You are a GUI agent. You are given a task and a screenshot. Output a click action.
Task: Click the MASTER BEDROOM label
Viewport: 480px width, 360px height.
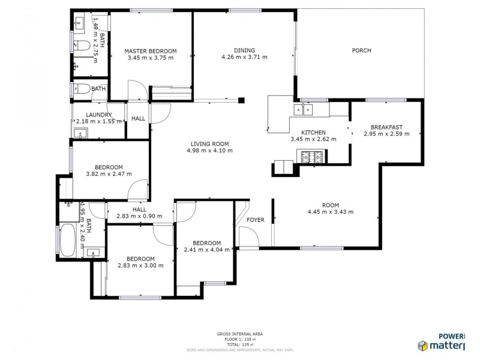(150, 51)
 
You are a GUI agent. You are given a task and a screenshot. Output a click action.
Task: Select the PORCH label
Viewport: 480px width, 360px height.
(361, 50)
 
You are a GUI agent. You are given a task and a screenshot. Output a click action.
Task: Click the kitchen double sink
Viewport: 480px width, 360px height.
(303, 109)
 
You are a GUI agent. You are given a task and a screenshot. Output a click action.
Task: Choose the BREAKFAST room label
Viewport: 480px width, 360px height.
(386, 127)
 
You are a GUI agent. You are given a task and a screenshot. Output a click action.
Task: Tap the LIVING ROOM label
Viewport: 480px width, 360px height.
(210, 143)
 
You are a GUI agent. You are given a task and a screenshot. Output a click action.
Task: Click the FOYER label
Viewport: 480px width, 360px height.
(256, 220)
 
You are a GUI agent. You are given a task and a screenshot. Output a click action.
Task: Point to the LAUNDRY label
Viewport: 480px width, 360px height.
(98, 115)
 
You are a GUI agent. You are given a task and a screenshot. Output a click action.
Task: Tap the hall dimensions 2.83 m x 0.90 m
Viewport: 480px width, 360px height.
(139, 216)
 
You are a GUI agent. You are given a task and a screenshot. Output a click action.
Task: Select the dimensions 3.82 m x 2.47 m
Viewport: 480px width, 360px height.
(109, 174)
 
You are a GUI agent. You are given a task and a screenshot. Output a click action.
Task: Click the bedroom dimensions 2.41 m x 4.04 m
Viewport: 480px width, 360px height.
(207, 250)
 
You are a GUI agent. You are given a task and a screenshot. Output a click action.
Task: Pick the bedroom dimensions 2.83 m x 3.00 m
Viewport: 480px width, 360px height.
(140, 265)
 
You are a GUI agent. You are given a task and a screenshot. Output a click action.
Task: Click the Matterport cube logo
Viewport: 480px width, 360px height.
(423, 345)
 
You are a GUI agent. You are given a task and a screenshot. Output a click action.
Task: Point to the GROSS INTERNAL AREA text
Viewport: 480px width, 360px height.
(240, 334)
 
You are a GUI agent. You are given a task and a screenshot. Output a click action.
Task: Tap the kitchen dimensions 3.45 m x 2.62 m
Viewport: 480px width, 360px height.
(313, 139)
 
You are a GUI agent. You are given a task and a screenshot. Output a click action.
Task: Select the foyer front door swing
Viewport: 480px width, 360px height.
(248, 238)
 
